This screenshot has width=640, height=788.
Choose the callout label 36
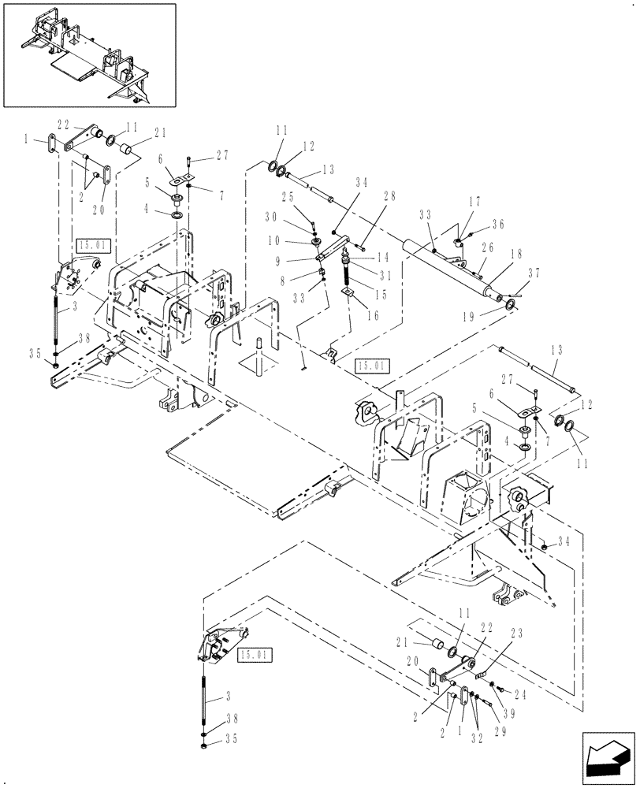tap(498, 224)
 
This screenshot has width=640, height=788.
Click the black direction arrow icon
tap(608, 760)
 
